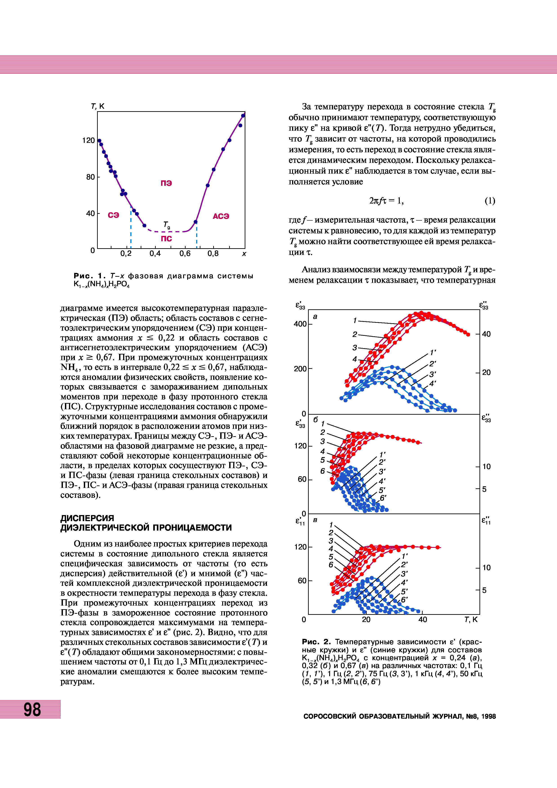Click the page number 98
32,709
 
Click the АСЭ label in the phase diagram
221,216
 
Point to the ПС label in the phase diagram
166,238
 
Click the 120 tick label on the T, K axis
88,140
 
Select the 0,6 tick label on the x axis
185,254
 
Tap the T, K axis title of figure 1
98,106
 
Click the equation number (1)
490,201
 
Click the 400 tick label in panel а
300,324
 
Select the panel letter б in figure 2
316,420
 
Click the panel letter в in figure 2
315,520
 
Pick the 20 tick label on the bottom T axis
366,620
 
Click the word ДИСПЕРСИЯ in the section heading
87,518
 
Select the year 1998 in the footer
488,716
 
